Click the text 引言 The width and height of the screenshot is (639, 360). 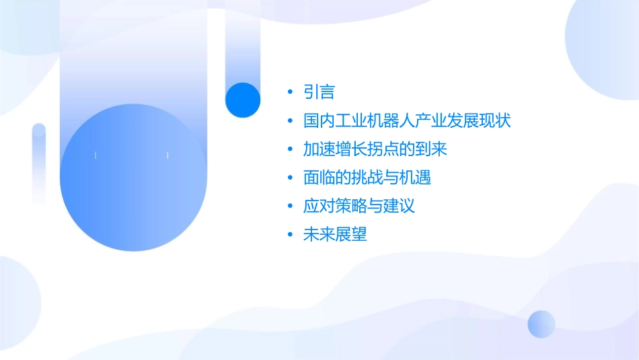pyautogui.click(x=319, y=92)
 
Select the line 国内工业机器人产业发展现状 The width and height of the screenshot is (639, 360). pyautogui.click(x=407, y=121)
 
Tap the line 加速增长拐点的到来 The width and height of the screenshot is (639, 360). pyautogui.click(x=375, y=149)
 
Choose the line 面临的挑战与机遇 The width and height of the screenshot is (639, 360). pyautogui.click(x=367, y=178)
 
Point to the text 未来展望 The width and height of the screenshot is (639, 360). pyautogui.click(x=334, y=234)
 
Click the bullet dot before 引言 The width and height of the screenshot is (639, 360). pyautogui.click(x=289, y=92)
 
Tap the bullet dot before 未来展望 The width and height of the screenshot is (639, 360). pyautogui.click(x=289, y=234)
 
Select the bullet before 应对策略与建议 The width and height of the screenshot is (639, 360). pyautogui.click(x=289, y=206)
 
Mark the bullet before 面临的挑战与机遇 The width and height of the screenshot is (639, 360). pyautogui.click(x=289, y=178)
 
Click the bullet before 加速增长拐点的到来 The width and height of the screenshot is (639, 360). pyautogui.click(x=289, y=149)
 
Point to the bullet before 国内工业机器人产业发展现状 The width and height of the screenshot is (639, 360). pyautogui.click(x=289, y=121)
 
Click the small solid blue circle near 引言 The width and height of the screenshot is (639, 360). pyautogui.click(x=243, y=100)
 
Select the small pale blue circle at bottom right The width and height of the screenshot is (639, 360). pyautogui.click(x=541, y=324)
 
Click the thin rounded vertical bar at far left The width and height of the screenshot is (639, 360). pyautogui.click(x=39, y=161)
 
